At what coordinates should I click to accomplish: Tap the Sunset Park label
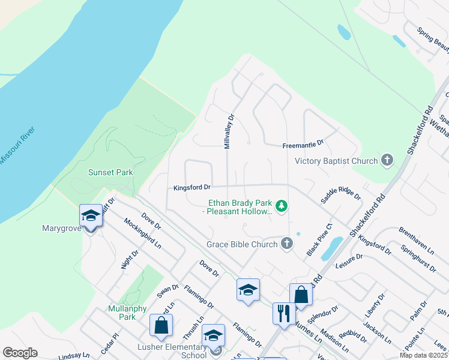[x=110, y=172]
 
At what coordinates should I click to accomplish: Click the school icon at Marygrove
[x=91, y=215]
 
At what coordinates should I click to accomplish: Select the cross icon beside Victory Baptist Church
[x=387, y=160]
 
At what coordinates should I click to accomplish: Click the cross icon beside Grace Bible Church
[x=287, y=244]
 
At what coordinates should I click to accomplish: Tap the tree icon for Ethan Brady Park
[x=282, y=206]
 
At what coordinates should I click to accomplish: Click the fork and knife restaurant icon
[x=283, y=313]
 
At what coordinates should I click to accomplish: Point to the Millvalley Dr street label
[x=228, y=131]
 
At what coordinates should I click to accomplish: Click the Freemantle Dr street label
[x=303, y=144]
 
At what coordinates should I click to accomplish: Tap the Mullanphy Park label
[x=122, y=313]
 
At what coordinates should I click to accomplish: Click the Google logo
[x=20, y=353]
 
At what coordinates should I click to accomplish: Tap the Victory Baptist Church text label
[x=336, y=161]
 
